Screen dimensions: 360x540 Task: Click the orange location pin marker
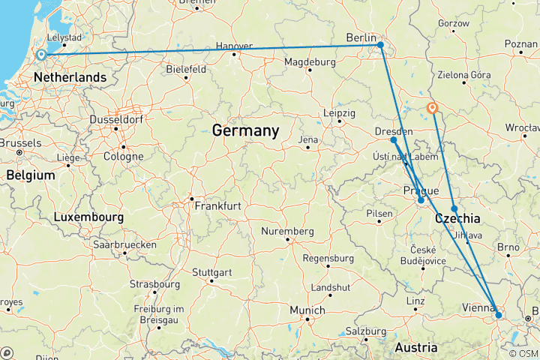(433, 108)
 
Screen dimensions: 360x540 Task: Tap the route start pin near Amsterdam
(40, 55)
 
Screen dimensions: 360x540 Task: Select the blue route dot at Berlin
(381, 45)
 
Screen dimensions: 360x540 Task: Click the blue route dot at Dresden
(394, 139)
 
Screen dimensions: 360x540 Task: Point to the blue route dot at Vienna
(498, 316)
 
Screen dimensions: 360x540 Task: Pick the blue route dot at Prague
(421, 200)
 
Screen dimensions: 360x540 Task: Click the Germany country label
(245, 130)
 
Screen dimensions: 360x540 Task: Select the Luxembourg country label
(88, 217)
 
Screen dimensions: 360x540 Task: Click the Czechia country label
(457, 218)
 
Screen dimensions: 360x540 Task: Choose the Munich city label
(308, 310)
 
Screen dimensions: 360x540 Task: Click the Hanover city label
(234, 46)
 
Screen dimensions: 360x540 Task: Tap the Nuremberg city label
(290, 231)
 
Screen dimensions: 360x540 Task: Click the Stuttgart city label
(211, 271)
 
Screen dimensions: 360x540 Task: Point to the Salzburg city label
(367, 331)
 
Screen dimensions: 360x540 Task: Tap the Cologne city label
(124, 157)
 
